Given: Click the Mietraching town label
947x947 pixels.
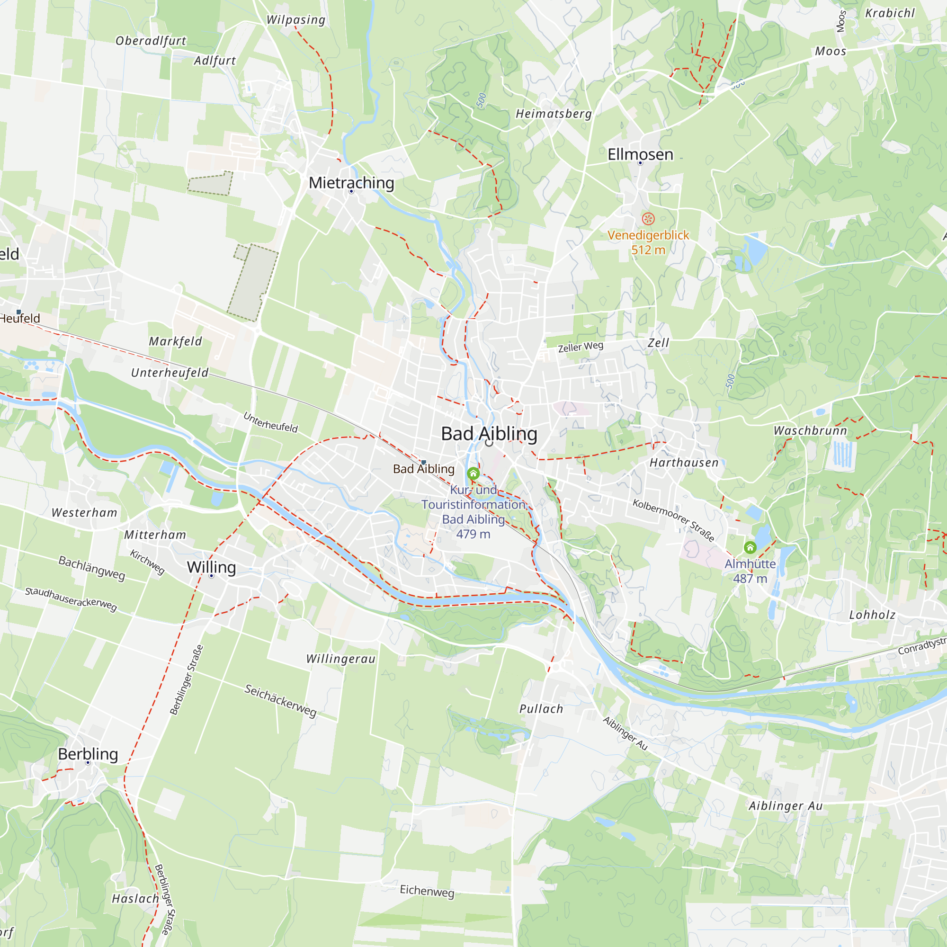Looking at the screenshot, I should click(x=351, y=183).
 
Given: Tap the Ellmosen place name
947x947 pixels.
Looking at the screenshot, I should click(x=640, y=154).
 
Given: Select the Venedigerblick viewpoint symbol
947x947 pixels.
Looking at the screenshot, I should click(x=648, y=219).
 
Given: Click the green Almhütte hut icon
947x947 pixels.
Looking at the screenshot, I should click(x=750, y=547).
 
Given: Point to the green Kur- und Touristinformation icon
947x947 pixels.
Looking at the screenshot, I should click(x=473, y=473).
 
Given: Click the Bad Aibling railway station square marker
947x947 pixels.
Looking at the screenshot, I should click(x=423, y=462).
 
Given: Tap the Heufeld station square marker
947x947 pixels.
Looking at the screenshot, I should click(x=18, y=312).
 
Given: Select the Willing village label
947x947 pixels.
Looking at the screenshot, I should click(x=211, y=567).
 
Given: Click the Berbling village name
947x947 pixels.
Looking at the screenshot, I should click(x=88, y=754).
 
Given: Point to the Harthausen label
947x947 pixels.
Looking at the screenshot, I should click(x=684, y=463).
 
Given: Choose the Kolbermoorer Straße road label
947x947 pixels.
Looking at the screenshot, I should click(x=673, y=520).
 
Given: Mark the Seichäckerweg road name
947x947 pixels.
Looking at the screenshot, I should click(x=280, y=700).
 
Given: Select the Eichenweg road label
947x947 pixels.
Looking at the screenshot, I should click(x=427, y=891).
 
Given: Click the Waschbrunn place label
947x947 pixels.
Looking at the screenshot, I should click(x=810, y=431).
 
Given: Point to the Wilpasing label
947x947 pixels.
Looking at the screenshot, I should click(x=295, y=20).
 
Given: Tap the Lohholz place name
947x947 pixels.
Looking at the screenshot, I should click(x=872, y=615).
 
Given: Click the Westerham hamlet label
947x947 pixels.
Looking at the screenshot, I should click(x=84, y=513).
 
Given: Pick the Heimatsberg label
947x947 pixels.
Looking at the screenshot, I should click(x=554, y=114).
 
